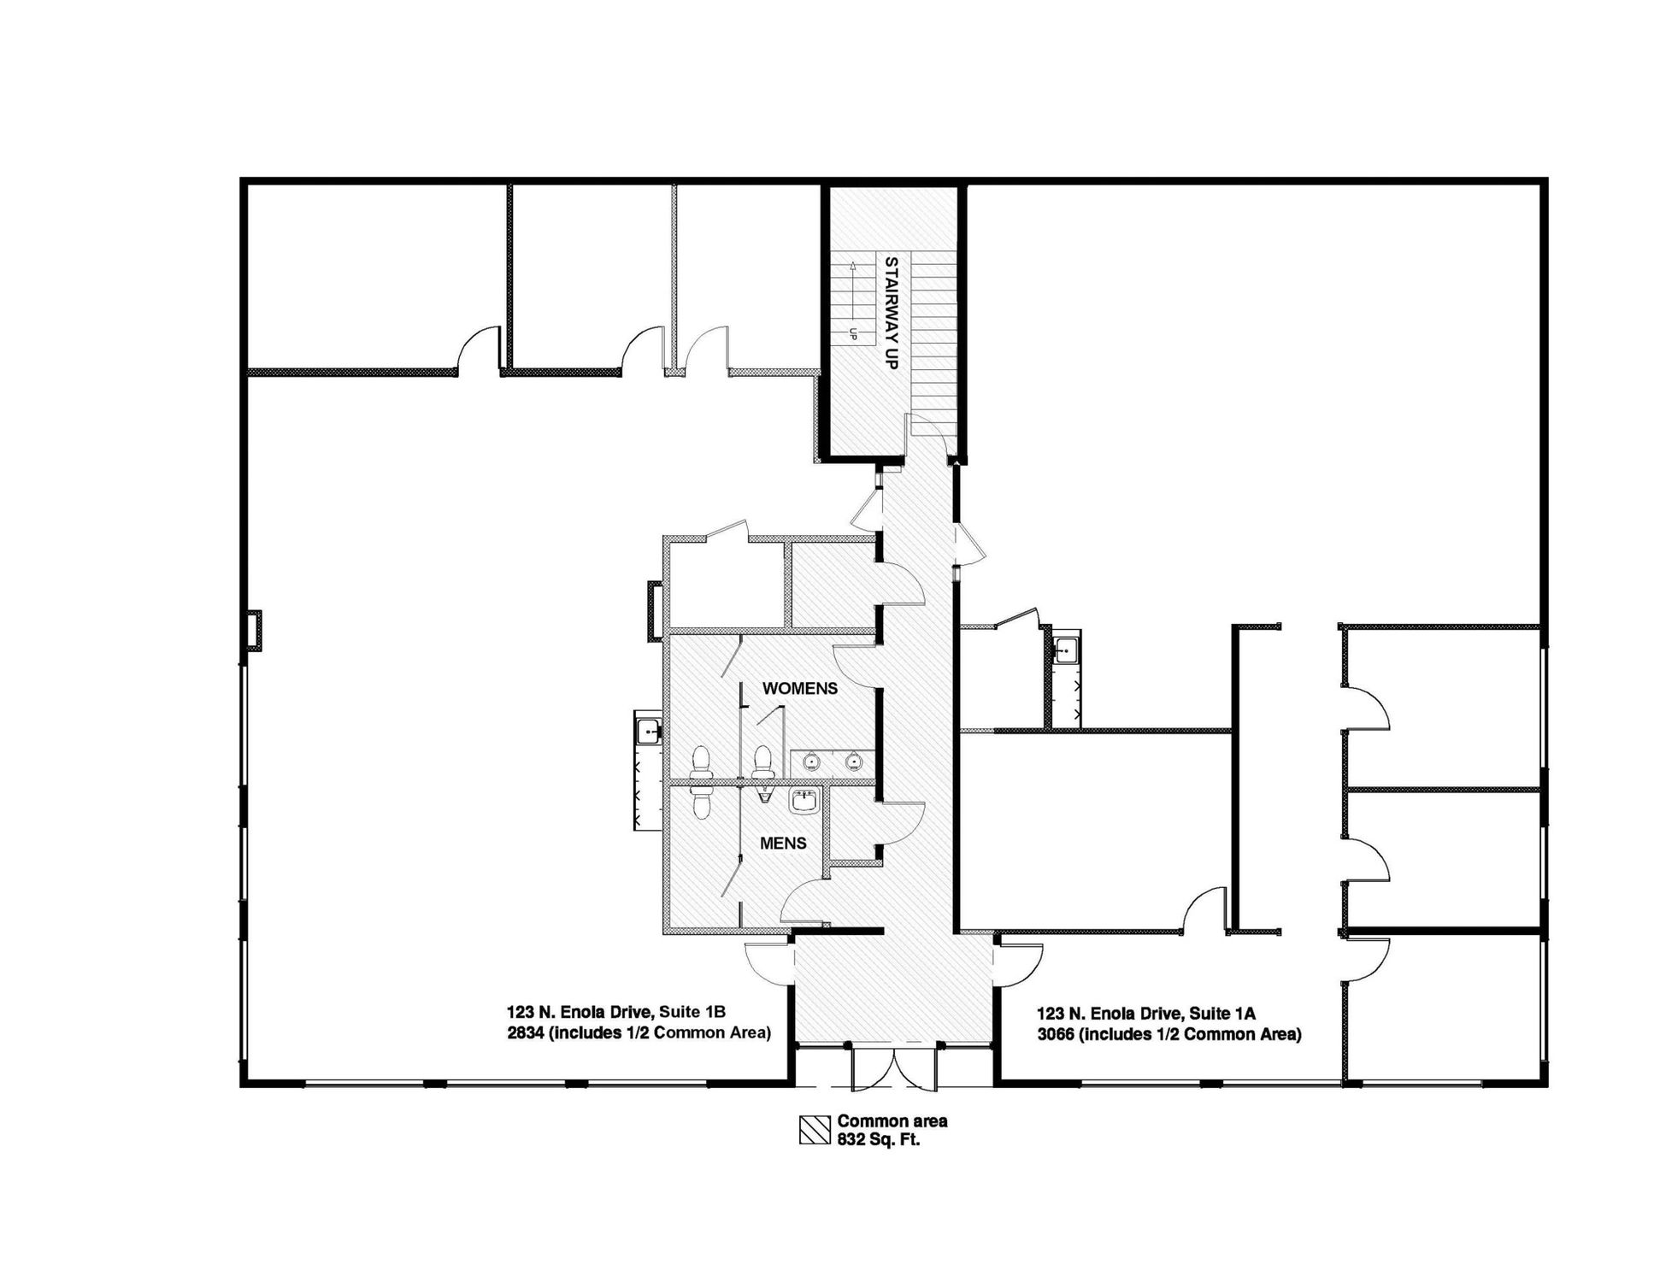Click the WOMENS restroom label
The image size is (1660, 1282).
click(x=799, y=688)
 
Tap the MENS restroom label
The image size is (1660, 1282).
click(x=783, y=844)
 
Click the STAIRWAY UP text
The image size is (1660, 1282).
click(x=891, y=313)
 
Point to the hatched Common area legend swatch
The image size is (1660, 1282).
click(x=815, y=1130)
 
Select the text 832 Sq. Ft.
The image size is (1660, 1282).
click(x=879, y=1139)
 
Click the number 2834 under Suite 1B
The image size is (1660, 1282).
click(x=525, y=1032)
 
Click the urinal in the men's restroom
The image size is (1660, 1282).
click(x=764, y=795)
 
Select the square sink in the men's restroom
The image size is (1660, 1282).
click(x=804, y=801)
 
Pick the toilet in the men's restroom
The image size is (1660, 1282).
click(x=701, y=801)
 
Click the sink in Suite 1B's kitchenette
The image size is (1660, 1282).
click(x=648, y=732)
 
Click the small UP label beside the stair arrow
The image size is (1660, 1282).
click(x=853, y=334)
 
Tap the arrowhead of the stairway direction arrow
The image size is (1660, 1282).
click(x=852, y=267)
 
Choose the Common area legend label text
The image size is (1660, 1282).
click(x=892, y=1120)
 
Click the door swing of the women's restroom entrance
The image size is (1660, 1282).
click(x=856, y=667)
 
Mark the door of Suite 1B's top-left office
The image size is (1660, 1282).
click(x=479, y=349)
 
